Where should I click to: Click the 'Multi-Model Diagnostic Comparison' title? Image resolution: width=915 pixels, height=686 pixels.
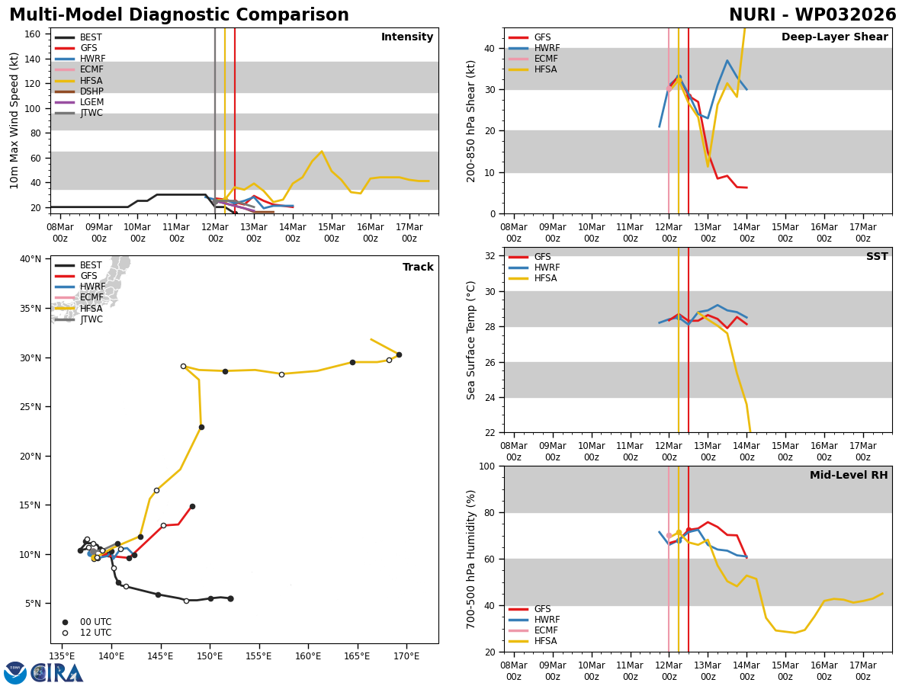[178, 15]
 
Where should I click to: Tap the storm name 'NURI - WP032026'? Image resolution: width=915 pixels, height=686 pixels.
[812, 15]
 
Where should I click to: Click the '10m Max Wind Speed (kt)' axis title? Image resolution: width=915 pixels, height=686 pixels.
[15, 120]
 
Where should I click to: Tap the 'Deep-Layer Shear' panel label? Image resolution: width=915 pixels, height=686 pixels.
[834, 37]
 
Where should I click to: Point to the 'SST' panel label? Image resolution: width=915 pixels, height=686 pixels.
[877, 257]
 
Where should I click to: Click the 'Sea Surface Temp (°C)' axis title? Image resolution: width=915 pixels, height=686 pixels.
[471, 340]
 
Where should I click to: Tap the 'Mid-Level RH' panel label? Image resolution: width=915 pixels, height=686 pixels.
[849, 476]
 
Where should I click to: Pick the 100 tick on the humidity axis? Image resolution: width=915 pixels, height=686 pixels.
[487, 466]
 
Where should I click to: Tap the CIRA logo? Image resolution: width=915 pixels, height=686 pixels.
[57, 672]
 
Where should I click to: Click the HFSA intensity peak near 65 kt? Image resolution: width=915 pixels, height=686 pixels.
[322, 152]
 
